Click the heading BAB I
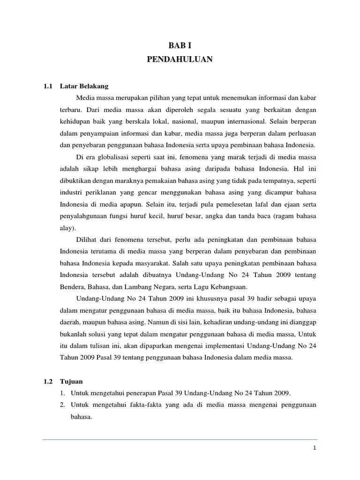pos(180,45)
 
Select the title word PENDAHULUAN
pos(180,60)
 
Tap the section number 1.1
pos(47,86)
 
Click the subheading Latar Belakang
pos(84,86)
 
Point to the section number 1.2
pos(47,382)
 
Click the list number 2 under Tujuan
pos(63,405)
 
